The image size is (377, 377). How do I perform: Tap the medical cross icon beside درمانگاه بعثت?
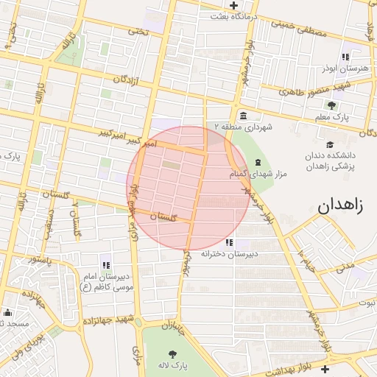click(234, 6)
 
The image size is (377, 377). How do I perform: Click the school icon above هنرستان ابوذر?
click(345, 57)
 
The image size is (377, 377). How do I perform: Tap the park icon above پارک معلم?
click(331, 105)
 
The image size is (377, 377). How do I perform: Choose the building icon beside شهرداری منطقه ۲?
click(243, 116)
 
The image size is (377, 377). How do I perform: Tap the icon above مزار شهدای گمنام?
click(257, 162)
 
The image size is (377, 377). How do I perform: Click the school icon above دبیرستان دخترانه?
click(230, 242)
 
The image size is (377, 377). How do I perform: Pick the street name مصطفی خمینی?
click(297, 29)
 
